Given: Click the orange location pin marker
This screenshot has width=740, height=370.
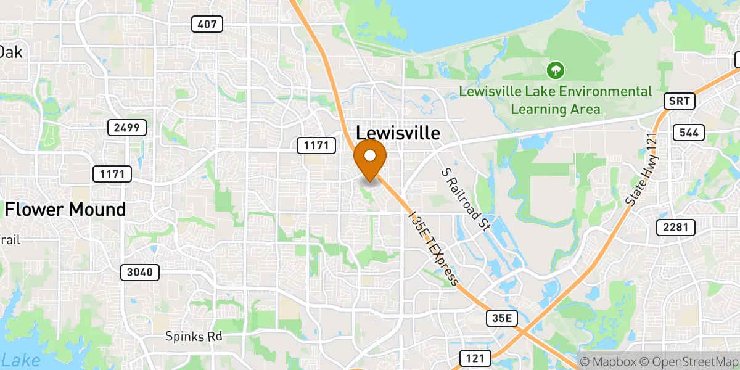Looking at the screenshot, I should (370, 157).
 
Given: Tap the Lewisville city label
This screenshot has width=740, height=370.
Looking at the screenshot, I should (398, 133).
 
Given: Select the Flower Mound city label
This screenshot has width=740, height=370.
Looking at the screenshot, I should (65, 210).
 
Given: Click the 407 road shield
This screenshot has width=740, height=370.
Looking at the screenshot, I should (207, 24).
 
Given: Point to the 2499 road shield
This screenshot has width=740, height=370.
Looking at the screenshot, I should (127, 128).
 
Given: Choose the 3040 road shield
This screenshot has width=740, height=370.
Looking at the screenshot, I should (140, 272).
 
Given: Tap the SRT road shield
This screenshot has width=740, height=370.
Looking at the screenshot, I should (679, 101).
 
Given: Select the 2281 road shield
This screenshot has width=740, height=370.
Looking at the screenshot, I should (675, 228).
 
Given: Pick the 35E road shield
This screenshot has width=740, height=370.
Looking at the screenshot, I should (501, 318).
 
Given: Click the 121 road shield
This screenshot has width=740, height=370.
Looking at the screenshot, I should (475, 358).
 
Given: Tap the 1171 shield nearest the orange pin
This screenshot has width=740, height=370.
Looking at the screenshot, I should (316, 146).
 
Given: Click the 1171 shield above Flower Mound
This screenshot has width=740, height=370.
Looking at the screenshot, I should (112, 174).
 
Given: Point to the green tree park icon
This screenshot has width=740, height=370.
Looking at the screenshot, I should (556, 70).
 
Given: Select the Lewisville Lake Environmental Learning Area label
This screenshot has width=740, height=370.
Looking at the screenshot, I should (556, 101).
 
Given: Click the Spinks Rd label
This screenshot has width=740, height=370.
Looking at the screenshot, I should (194, 337).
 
